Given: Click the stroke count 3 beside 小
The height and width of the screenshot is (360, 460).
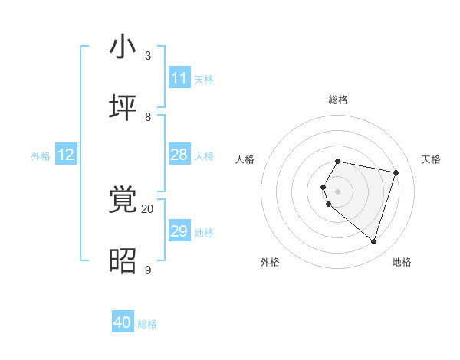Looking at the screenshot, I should tap(148, 55).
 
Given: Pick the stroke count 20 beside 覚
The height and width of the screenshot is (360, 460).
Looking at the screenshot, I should tap(147, 208).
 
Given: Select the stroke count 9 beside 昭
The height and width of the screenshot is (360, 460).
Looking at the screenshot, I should tap(148, 270).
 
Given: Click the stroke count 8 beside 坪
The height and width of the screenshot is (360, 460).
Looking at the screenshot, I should tap(148, 116).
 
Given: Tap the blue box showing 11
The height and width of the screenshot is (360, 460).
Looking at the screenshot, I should tap(179, 78).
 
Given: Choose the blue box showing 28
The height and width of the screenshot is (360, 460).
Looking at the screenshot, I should tap(179, 155).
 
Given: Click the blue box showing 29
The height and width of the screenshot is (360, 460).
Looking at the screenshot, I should tap(179, 231).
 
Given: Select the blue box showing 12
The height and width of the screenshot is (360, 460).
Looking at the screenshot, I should tap(66, 155).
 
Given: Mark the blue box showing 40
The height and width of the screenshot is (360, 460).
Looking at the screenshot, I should tap(123, 322).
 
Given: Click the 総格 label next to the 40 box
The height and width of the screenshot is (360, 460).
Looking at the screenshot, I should tap(147, 324).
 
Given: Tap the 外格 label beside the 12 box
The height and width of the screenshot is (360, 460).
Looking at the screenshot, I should tap(41, 156).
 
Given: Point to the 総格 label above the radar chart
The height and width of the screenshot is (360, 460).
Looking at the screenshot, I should tap(338, 100).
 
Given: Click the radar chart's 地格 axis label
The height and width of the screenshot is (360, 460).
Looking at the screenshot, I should tap(402, 262).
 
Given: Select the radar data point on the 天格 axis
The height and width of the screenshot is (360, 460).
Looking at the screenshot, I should tap(396, 172).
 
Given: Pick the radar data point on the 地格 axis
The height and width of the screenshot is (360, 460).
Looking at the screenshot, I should tap(373, 241).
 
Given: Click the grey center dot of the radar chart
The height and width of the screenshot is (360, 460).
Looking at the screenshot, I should tap(338, 191).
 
